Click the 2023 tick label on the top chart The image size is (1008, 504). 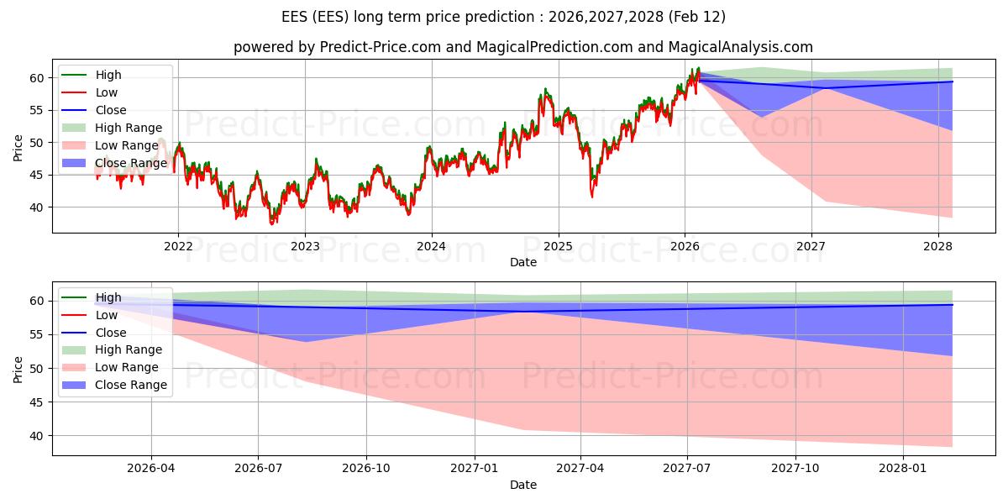(x=305, y=246)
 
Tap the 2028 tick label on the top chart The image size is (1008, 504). (x=938, y=246)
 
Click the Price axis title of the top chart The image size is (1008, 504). (x=18, y=148)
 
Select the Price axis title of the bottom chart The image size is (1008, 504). (x=18, y=369)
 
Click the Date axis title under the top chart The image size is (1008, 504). (x=523, y=262)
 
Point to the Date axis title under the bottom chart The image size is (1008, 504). (x=523, y=485)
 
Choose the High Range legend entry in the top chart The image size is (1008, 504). (x=129, y=128)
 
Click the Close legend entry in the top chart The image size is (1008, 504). (x=111, y=110)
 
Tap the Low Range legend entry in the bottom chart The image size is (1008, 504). (x=127, y=367)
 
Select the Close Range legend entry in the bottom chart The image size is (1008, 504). (x=131, y=385)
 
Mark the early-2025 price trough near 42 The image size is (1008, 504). (x=591, y=196)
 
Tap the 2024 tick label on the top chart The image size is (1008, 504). (x=432, y=246)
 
